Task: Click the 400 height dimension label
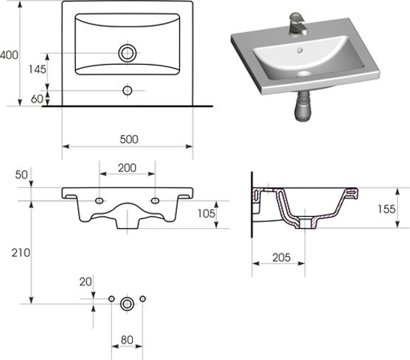click(x=9, y=55)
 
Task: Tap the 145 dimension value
click(x=37, y=69)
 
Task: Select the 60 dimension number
click(x=37, y=99)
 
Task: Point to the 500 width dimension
click(x=129, y=139)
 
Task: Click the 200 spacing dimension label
click(x=127, y=168)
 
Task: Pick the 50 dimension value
click(x=21, y=175)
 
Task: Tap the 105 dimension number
click(x=206, y=214)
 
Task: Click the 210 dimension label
click(x=21, y=253)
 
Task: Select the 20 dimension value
click(x=86, y=282)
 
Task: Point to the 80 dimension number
click(x=127, y=340)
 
